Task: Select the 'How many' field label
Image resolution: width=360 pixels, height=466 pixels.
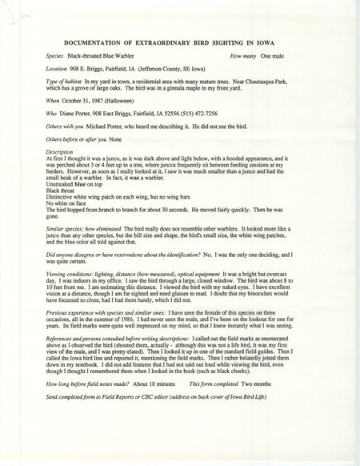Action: (x=243, y=58)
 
